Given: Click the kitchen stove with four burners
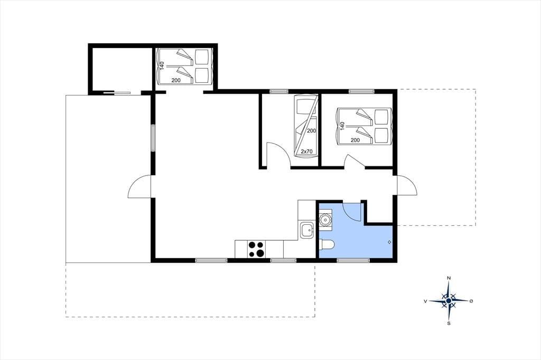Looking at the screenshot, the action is tap(256, 249).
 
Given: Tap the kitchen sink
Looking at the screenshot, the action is tap(307, 230).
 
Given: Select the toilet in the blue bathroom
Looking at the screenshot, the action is tap(327, 245).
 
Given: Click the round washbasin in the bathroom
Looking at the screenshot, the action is tap(325, 219).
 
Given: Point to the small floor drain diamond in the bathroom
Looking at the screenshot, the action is tap(389, 242).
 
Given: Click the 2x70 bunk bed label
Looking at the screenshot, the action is tap(306, 151).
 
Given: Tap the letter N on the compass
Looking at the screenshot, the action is tap(449, 278).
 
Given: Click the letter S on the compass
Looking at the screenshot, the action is tap(449, 323).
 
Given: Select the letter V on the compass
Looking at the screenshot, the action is tap(426, 301).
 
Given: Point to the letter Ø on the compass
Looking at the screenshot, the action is tap(471, 301).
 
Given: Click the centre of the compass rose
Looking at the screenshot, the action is tap(449, 301).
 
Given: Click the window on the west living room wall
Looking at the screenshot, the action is tap(153, 138).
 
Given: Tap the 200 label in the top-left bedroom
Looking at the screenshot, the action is tap(176, 80).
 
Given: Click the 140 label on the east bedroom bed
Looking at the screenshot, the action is tap(342, 126).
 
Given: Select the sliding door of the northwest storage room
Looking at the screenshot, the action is tap(117, 92).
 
